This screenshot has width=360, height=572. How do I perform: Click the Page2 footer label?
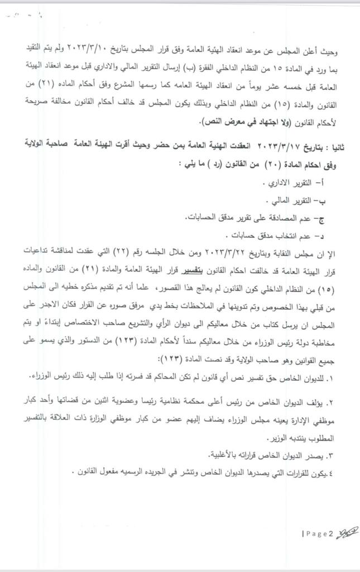(318, 534)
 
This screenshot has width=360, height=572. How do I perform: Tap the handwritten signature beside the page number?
(344, 533)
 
